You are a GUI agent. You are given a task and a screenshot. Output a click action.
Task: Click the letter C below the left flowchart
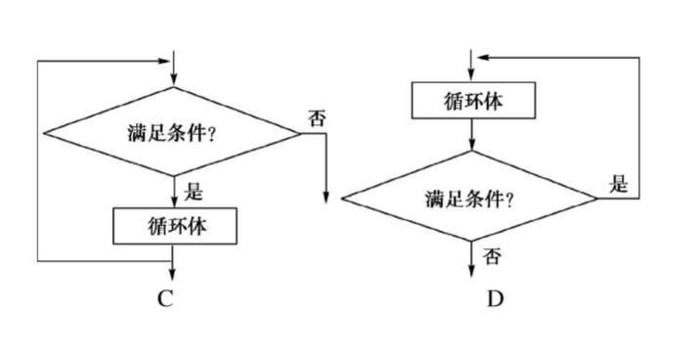[165, 299]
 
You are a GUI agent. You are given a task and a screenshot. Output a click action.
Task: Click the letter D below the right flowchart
[496, 299]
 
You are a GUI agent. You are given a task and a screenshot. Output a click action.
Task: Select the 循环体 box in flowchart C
[174, 227]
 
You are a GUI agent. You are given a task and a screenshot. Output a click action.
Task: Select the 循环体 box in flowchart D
[473, 100]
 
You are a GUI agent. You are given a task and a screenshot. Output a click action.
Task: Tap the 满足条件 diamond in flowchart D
[470, 199]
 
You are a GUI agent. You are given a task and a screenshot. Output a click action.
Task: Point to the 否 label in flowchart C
[317, 118]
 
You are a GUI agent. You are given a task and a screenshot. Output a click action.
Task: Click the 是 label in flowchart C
[193, 192]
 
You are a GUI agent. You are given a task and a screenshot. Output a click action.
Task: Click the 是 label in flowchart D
[618, 183]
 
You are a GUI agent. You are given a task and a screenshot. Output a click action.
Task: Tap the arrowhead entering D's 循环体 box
[473, 76]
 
